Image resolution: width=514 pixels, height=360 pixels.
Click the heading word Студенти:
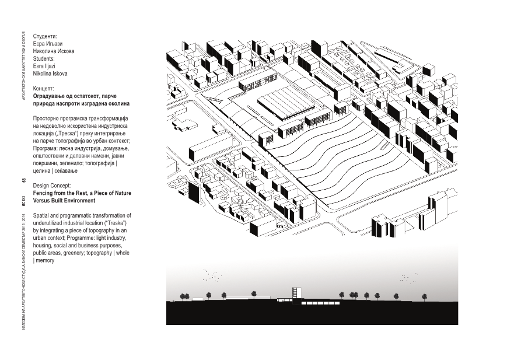pyautogui.click(x=45, y=36)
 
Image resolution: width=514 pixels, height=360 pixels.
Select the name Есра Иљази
pyautogui.click(x=47, y=44)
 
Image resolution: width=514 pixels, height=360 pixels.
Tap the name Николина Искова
pyautogui.click(x=54, y=51)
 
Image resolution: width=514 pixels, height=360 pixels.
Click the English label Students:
pyautogui.click(x=44, y=59)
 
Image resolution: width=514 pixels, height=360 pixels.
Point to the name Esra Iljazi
pyautogui.click(x=44, y=67)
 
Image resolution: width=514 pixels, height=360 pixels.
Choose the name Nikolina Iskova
pyautogui.click(x=50, y=74)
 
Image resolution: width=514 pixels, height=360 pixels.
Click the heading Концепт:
pyautogui.click(x=43, y=89)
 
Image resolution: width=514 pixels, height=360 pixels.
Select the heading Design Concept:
pyautogui.click(x=52, y=186)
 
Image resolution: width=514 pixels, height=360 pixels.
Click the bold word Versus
pyautogui.click(x=41, y=201)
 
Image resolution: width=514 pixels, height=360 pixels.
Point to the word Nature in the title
pyautogui.click(x=123, y=193)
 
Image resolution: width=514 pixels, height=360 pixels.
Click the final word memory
pyautogui.click(x=45, y=261)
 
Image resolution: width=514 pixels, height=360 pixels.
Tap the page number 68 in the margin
pyautogui.click(x=24, y=181)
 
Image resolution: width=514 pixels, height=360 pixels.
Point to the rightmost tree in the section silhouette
pyautogui.click(x=425, y=297)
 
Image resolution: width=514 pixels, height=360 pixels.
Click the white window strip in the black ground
pyautogui.click(x=320, y=303)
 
